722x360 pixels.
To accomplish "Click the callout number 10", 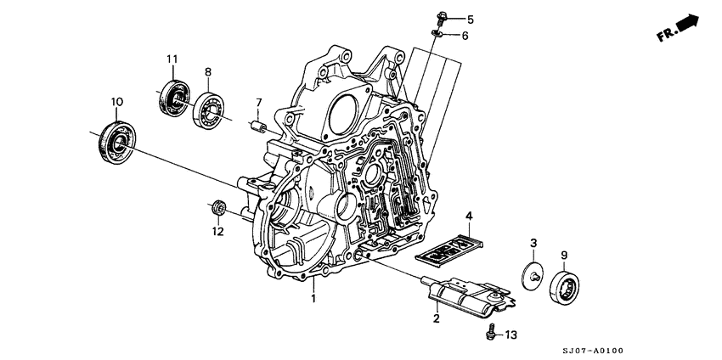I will (116, 104).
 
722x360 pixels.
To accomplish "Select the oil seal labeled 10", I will (116, 141).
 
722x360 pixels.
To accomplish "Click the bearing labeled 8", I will (209, 110).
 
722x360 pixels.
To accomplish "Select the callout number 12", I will (217, 231).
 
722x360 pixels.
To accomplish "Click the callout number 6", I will (465, 36).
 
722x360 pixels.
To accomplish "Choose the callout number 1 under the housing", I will (313, 299).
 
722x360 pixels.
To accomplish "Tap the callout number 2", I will (436, 319).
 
